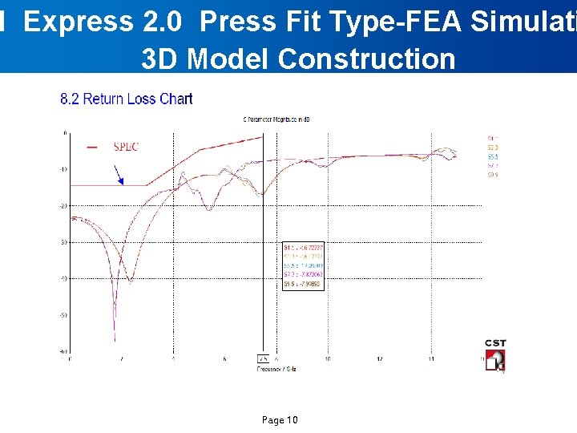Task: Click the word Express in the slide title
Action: [x=75, y=22]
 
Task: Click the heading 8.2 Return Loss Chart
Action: [x=127, y=99]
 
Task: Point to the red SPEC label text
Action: [x=126, y=147]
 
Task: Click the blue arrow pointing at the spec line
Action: [x=119, y=175]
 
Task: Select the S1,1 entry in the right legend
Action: [x=493, y=139]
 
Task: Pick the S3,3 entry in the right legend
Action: [x=493, y=148]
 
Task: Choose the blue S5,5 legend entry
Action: [x=493, y=156]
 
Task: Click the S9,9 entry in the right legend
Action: [x=493, y=174]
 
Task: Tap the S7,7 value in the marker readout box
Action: [x=302, y=273]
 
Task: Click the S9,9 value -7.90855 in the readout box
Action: [x=302, y=282]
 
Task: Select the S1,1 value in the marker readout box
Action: [x=302, y=248]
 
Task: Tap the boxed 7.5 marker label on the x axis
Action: [x=261, y=358]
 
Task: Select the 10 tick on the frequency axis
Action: [x=328, y=358]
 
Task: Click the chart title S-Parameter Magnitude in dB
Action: [x=276, y=119]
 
